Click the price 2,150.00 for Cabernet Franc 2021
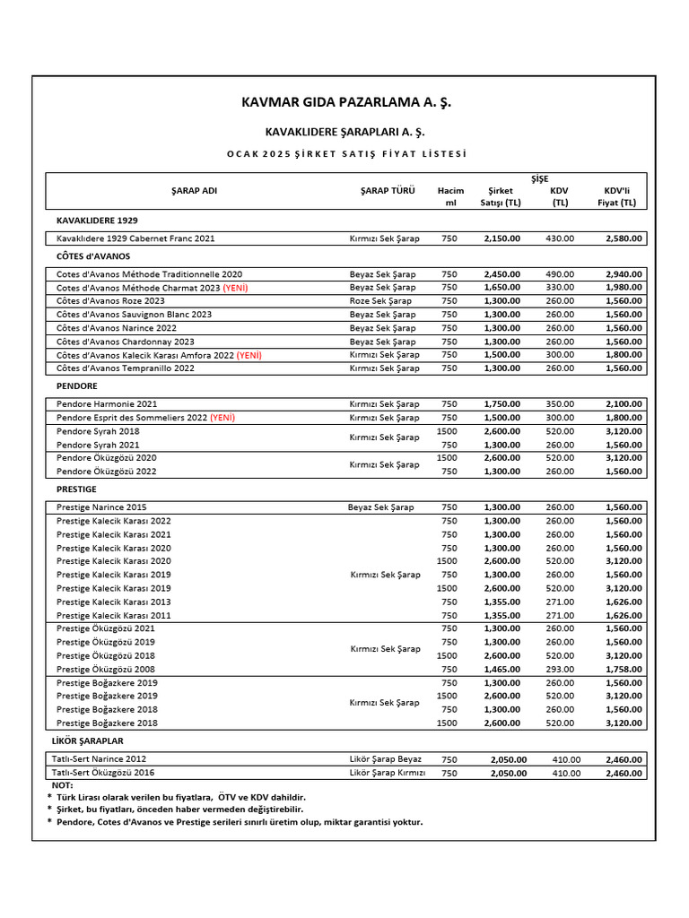point(501,238)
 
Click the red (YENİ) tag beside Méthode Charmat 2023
point(236,288)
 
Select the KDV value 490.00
point(560,274)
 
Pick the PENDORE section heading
point(76,386)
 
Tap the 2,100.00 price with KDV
point(624,404)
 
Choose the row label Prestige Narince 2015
point(100,507)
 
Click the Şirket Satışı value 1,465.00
point(501,669)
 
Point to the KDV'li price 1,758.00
point(624,669)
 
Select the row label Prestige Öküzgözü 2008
point(105,669)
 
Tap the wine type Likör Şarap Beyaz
point(385,759)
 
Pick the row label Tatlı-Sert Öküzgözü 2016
point(105,773)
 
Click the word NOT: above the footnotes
point(63,785)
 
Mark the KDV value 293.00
point(560,669)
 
